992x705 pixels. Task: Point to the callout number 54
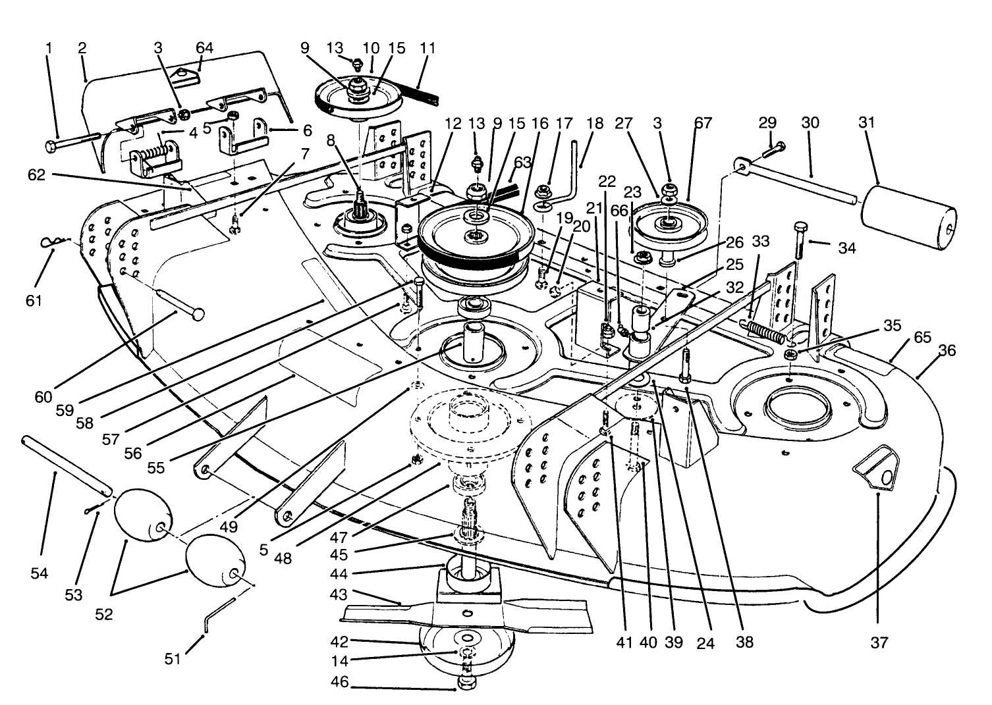click(40, 573)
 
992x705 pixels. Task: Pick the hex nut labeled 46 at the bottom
click(465, 688)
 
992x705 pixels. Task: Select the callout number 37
click(879, 642)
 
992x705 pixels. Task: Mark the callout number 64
click(205, 48)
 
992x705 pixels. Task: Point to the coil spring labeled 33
click(764, 330)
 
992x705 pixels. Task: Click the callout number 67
click(703, 123)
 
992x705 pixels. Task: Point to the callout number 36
click(947, 350)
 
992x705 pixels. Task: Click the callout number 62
click(37, 175)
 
